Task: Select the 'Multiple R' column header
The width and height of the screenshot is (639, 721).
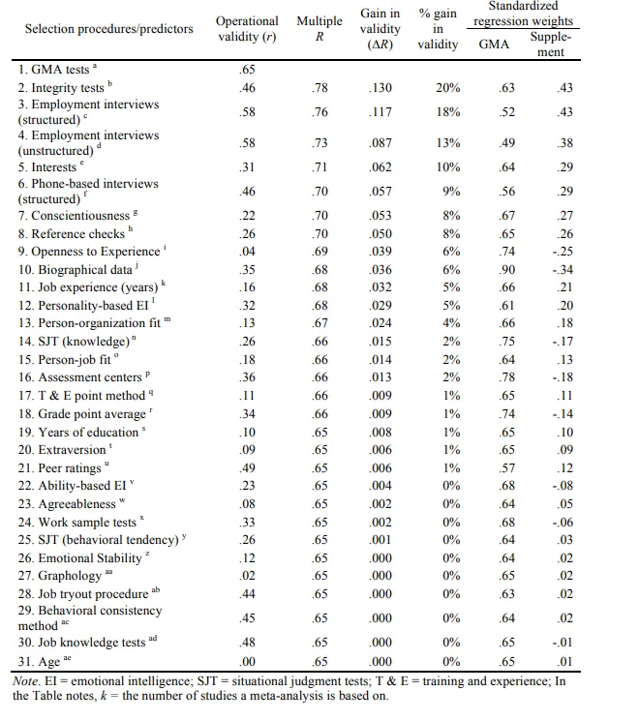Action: point(319,28)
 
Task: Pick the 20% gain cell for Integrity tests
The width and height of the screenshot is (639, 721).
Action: point(447,88)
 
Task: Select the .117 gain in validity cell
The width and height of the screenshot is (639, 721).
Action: point(380,111)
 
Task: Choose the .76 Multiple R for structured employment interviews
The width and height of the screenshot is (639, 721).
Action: point(319,111)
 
